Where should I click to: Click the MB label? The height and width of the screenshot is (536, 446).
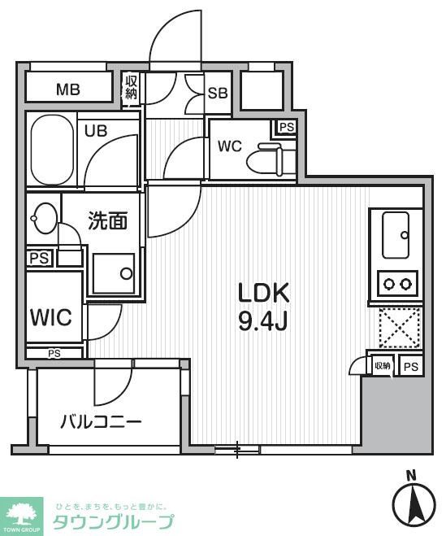[67, 89]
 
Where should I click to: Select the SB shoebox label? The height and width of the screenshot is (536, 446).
[218, 93]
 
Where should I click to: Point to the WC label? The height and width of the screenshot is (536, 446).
[230, 146]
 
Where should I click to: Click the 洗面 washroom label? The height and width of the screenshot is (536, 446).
[107, 221]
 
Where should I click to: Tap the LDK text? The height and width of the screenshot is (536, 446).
[263, 292]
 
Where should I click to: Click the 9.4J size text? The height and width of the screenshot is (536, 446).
[263, 321]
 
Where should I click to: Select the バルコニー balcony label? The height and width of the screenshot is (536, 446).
[102, 421]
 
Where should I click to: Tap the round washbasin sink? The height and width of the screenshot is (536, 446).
[42, 217]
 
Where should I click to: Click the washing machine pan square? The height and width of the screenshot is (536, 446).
[113, 272]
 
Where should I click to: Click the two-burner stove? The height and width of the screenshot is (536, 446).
[396, 284]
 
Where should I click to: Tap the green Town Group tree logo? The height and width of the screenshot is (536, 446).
[23, 512]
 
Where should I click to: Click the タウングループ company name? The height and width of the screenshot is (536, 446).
[112, 521]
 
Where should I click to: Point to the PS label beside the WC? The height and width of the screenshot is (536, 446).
[286, 127]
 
